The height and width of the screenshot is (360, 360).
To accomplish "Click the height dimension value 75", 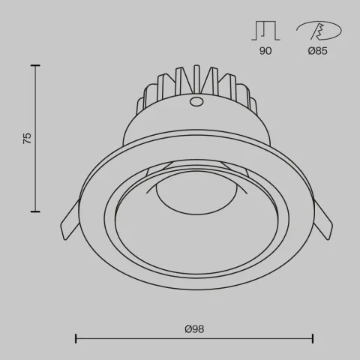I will tap(28, 138).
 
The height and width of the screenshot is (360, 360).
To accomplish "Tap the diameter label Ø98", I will tap(194, 328).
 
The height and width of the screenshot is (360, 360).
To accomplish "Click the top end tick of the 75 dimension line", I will tap(35, 66).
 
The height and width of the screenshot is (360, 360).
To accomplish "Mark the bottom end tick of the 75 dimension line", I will tap(35, 212).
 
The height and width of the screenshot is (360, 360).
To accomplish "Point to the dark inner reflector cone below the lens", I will tap(195, 240).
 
